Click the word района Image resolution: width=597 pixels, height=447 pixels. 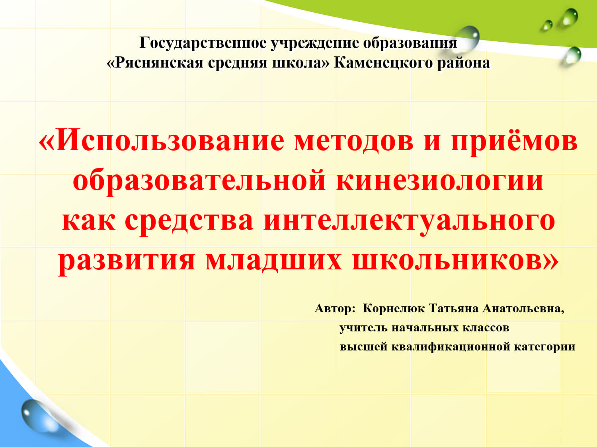pyautogui.click(x=463, y=63)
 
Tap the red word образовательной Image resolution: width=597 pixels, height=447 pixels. pyautogui.click(x=199, y=180)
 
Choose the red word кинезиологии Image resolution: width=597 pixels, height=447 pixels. pyautogui.click(x=440, y=180)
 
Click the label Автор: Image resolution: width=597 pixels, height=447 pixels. pyautogui.click(x=335, y=308)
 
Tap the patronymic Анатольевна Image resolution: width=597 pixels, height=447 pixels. pyautogui.click(x=523, y=308)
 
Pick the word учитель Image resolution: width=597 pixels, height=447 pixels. pyautogui.click(x=363, y=328)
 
